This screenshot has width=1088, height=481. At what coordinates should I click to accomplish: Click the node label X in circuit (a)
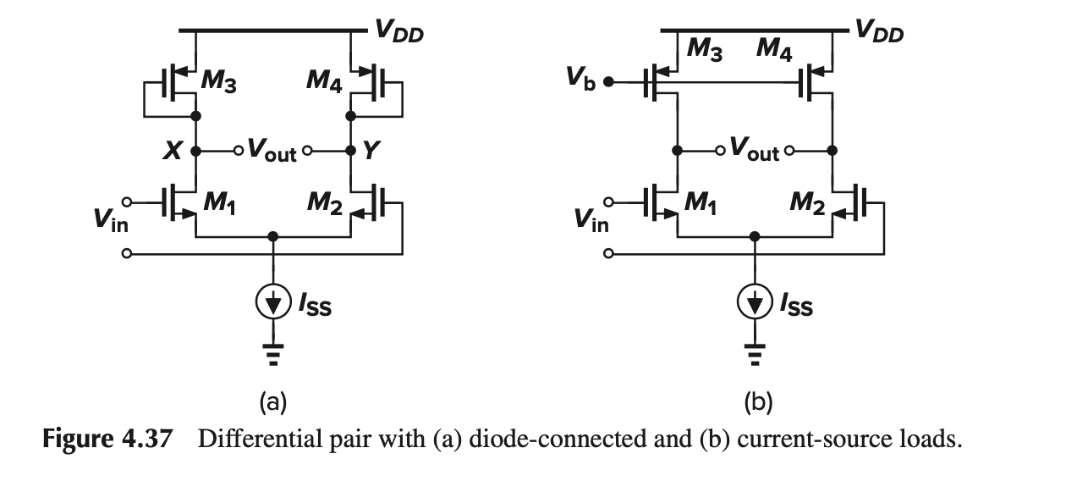click(x=172, y=152)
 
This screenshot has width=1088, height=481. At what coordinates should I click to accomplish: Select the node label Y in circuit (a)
click(x=371, y=152)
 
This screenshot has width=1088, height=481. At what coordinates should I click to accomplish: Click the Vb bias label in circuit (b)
click(x=581, y=80)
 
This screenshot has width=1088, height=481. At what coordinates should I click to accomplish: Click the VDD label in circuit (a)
click(x=398, y=33)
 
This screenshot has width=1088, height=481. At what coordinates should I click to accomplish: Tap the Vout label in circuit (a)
click(x=272, y=152)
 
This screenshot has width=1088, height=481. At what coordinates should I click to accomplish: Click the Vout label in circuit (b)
click(x=754, y=152)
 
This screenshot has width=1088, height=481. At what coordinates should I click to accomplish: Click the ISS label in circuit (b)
click(x=797, y=306)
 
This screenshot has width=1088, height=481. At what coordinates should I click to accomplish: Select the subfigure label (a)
click(x=272, y=401)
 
